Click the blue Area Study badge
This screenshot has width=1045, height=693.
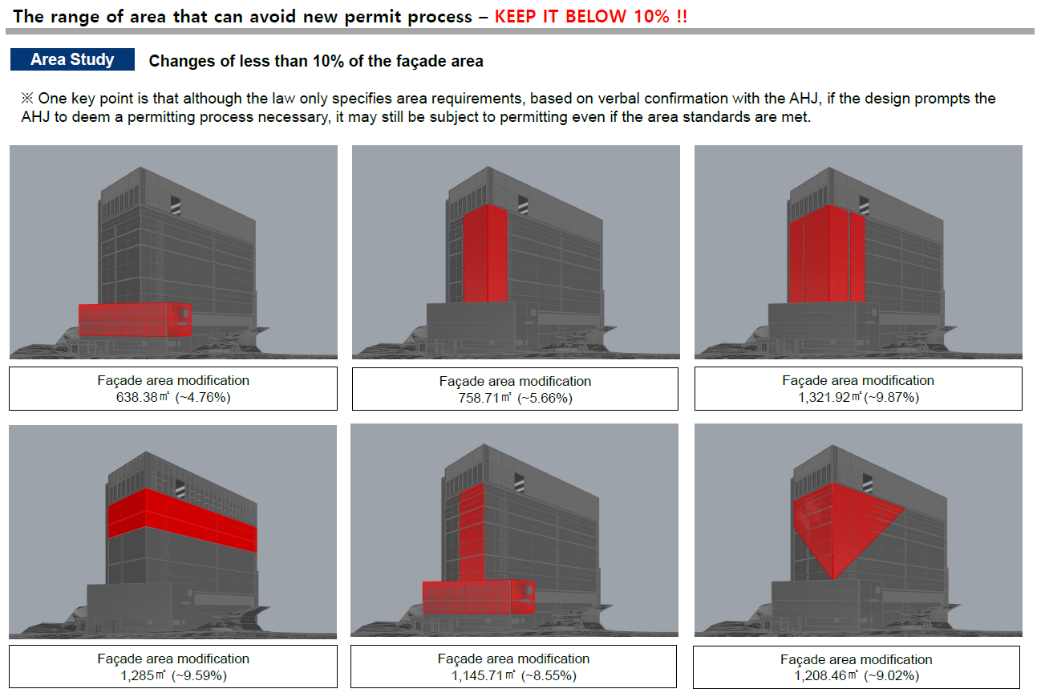72,59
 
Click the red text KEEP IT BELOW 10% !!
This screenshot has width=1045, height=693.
590,17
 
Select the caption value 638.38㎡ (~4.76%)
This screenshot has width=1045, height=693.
173,398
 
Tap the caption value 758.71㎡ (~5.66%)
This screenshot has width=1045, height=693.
515,399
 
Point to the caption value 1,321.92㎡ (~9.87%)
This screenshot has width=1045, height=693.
858,398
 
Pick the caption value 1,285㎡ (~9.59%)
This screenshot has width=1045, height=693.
173,675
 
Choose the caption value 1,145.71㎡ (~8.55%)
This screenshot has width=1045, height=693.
513,675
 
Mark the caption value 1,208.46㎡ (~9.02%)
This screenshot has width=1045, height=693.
857,675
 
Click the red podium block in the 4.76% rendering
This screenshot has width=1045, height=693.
135,320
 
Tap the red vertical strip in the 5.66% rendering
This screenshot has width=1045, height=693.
485,253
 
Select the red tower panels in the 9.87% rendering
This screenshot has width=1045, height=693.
827,254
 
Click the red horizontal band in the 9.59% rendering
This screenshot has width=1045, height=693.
182,521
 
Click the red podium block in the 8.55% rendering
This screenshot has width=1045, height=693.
479,597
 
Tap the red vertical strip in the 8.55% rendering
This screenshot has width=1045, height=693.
472,532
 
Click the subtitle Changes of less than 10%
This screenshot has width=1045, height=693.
316,61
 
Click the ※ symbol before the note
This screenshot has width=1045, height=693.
27,99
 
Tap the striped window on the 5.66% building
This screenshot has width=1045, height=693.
523,205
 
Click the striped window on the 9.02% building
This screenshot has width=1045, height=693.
867,483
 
